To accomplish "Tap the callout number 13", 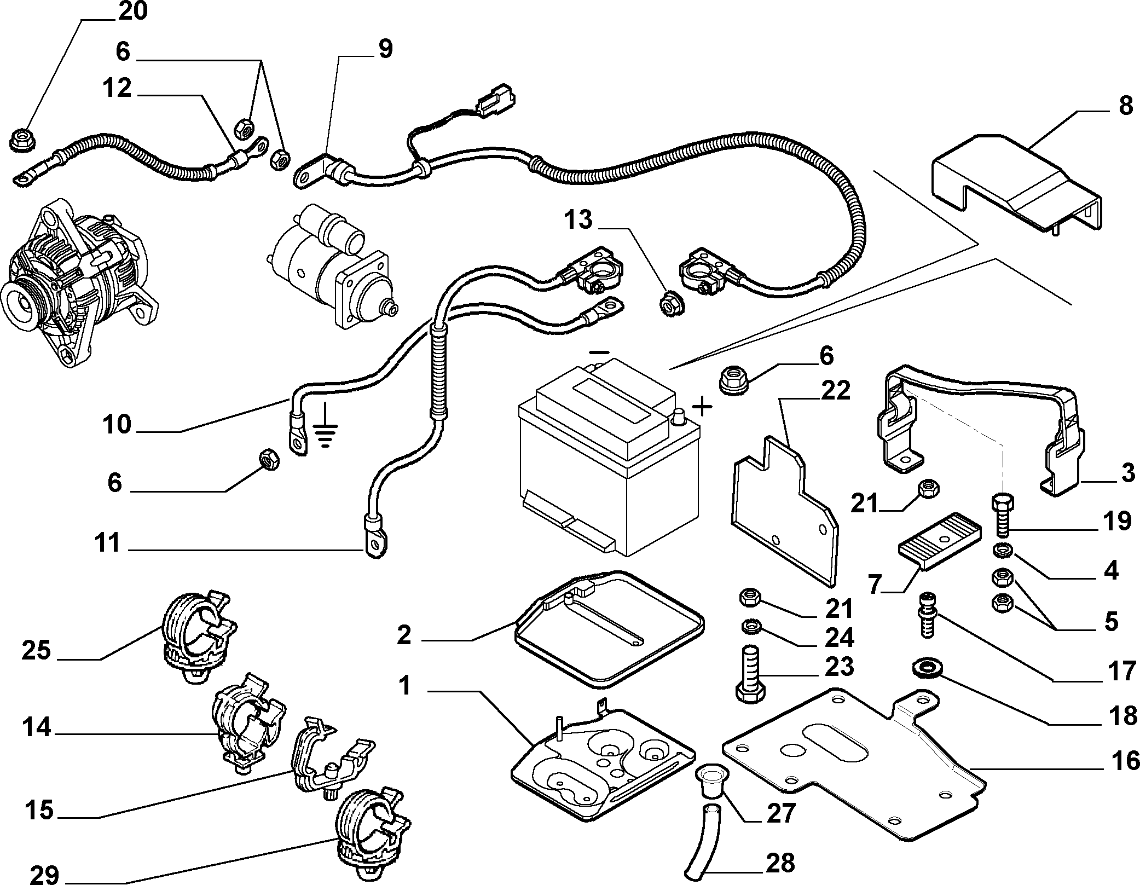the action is click(578, 220).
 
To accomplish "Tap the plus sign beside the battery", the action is click(703, 407).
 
